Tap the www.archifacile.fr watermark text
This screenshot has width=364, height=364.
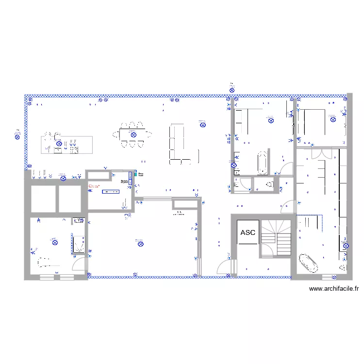click(x=334, y=289)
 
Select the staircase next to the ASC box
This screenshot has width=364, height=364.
click(x=276, y=237)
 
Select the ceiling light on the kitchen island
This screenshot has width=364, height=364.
click(x=59, y=144)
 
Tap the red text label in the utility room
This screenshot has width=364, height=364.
click(x=94, y=186)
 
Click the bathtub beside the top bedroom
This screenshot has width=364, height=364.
click(x=262, y=163)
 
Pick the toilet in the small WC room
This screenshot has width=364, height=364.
click(x=270, y=184)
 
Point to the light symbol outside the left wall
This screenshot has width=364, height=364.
click(x=17, y=136)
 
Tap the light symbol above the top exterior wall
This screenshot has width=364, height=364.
click(x=232, y=89)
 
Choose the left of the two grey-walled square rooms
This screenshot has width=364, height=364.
click(x=43, y=199)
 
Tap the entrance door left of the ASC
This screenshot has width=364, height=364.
click(x=225, y=267)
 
